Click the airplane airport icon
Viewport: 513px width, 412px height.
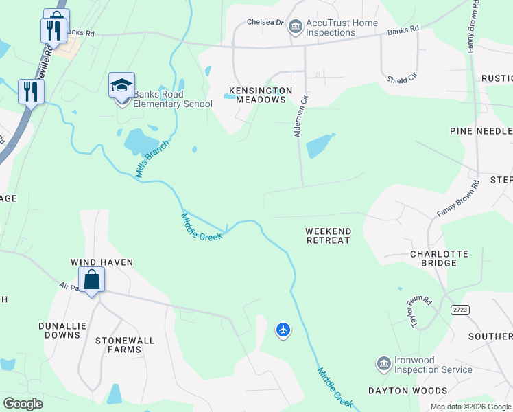click(x=283, y=330)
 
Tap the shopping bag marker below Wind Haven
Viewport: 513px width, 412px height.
click(x=91, y=281)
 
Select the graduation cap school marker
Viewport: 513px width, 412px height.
click(x=121, y=87)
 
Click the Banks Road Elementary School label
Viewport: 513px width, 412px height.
click(x=172, y=99)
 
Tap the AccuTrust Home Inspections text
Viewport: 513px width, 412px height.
click(x=342, y=27)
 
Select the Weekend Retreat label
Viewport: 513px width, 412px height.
click(x=328, y=236)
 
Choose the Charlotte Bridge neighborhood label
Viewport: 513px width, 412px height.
click(x=438, y=258)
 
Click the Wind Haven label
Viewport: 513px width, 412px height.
click(x=102, y=262)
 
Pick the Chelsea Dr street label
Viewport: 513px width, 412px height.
click(x=265, y=23)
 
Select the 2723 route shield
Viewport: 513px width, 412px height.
click(x=460, y=310)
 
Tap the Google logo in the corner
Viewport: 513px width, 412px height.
click(x=23, y=404)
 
